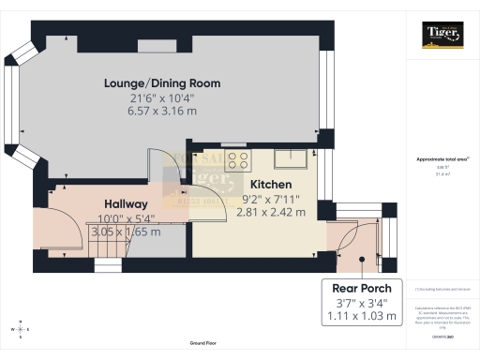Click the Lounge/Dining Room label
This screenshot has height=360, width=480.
coord(162,83)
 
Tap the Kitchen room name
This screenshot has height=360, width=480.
coord(270,185)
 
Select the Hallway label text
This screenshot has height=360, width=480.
coord(126,204)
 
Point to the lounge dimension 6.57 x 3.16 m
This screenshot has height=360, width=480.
coord(162,111)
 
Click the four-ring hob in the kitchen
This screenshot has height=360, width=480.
coord(238,159)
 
